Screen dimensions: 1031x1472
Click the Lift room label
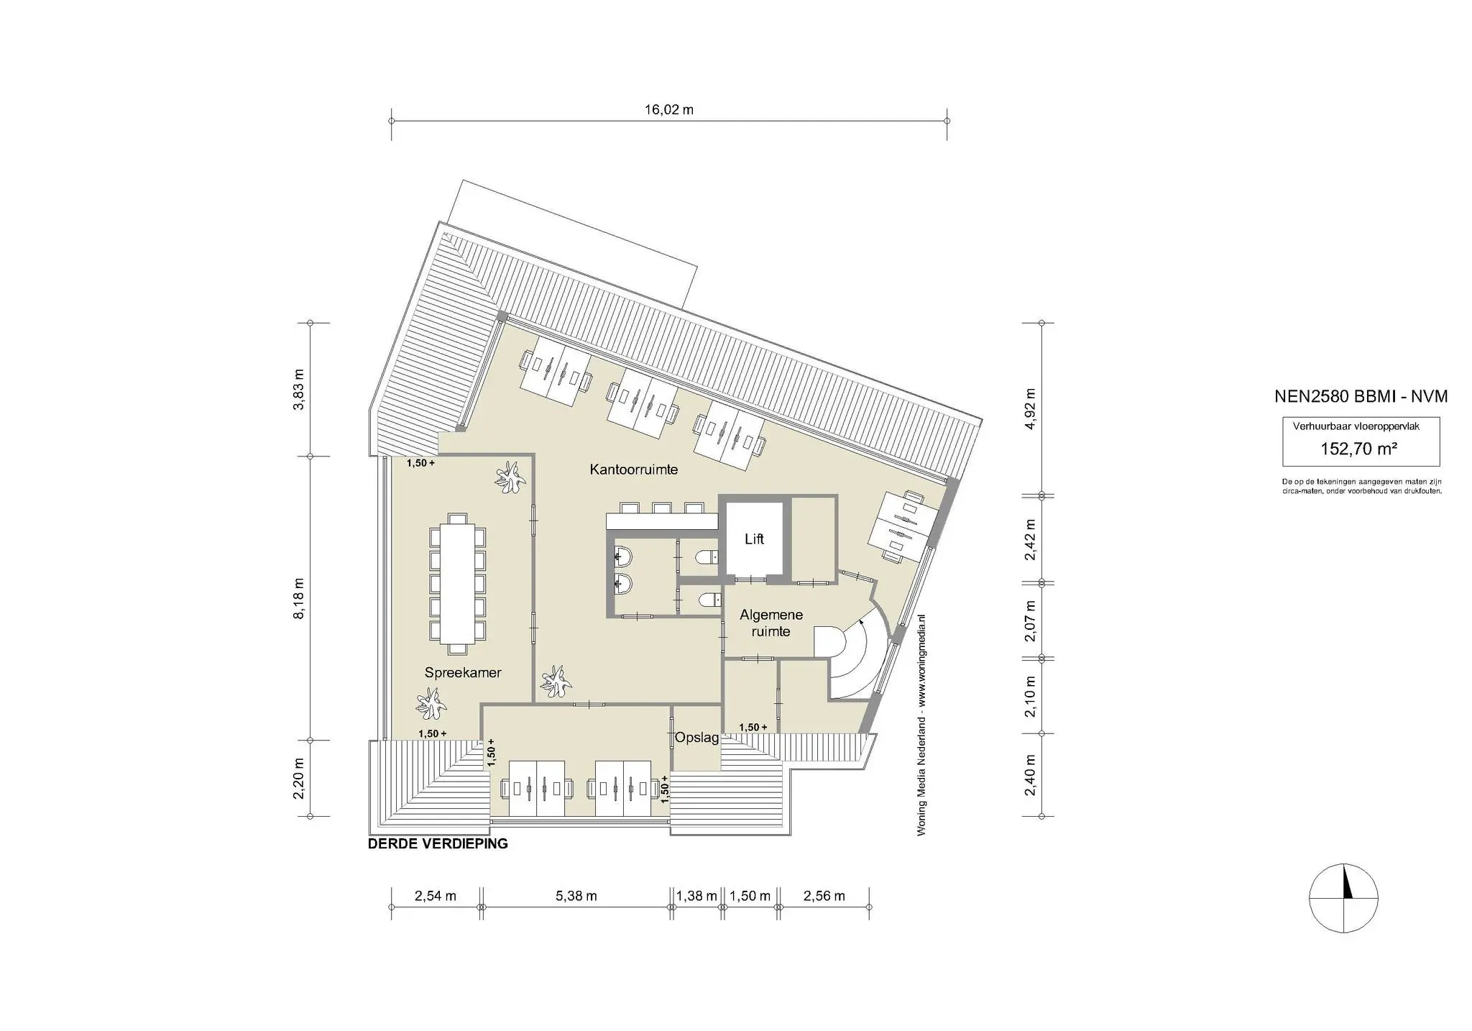[x=754, y=539]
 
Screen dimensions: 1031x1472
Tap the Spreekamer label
[x=462, y=673]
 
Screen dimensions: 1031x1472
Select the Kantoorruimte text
[x=633, y=469]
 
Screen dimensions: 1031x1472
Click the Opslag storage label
[x=696, y=738]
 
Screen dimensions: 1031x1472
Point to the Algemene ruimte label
[x=770, y=623]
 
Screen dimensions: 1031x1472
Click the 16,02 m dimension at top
[x=668, y=110]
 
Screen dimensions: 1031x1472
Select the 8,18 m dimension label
[x=299, y=597]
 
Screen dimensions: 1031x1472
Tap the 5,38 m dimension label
[x=576, y=896]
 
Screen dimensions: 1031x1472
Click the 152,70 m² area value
[x=1358, y=449]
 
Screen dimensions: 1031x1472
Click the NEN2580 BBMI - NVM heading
[x=1361, y=396]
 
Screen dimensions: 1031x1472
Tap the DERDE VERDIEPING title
[x=438, y=843]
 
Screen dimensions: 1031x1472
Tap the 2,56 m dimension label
[x=824, y=896]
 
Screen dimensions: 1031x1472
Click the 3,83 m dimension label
[x=299, y=389]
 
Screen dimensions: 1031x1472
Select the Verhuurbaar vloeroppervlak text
[x=1356, y=426]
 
